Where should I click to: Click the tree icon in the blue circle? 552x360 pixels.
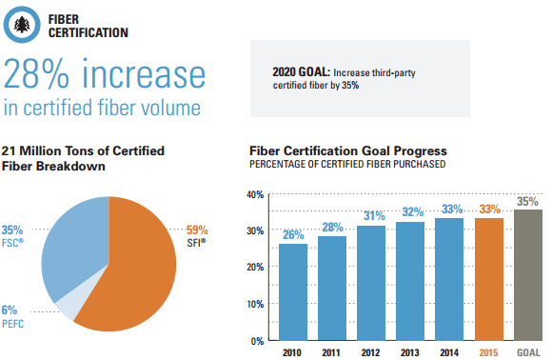click(x=22, y=25)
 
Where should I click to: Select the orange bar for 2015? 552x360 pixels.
click(x=488, y=279)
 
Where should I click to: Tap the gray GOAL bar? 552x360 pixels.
click(x=528, y=275)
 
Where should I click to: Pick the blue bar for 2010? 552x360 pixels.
click(x=293, y=292)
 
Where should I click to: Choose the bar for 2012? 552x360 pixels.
click(x=371, y=283)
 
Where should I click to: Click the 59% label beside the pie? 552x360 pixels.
click(x=197, y=230)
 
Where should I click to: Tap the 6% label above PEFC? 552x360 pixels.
click(x=10, y=310)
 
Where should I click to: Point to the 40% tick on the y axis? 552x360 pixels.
click(x=255, y=195)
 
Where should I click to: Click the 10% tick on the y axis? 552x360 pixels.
click(x=255, y=304)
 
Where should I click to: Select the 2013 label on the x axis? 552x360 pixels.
click(x=410, y=352)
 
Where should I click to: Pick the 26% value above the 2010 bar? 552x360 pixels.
click(x=293, y=234)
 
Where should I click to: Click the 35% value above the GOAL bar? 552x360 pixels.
click(x=527, y=202)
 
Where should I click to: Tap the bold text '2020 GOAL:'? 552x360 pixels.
click(x=301, y=71)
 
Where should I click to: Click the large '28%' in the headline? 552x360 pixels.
click(x=36, y=74)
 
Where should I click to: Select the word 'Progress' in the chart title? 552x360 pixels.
click(x=421, y=151)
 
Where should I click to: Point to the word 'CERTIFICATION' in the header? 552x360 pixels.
click(x=89, y=32)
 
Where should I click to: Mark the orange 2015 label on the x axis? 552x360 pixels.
click(x=488, y=352)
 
